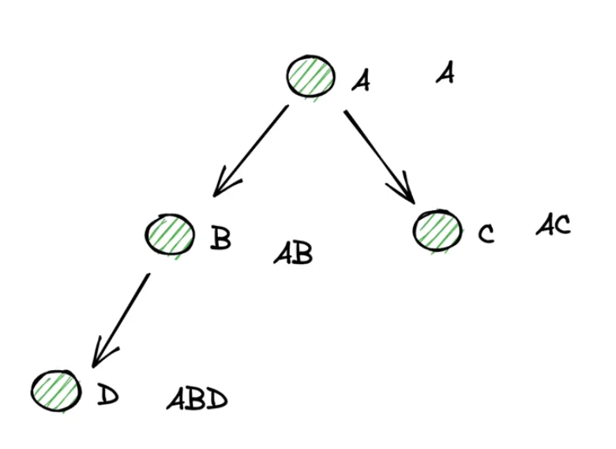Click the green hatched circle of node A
(x=310, y=77)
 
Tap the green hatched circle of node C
(x=437, y=229)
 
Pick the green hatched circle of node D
(x=57, y=390)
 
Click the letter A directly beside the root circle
(x=361, y=80)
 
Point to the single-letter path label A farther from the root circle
(x=445, y=74)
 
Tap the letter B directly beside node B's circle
(x=220, y=238)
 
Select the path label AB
(x=293, y=254)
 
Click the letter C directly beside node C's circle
(x=486, y=233)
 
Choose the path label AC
(x=553, y=225)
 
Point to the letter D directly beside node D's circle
(x=107, y=394)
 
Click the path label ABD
(x=197, y=399)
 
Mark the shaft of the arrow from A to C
(x=375, y=150)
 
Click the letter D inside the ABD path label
(x=216, y=400)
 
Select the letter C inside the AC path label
(x=562, y=225)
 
